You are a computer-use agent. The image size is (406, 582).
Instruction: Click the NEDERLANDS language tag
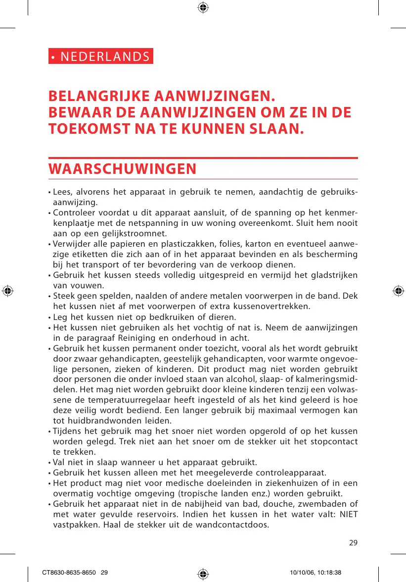click(101, 56)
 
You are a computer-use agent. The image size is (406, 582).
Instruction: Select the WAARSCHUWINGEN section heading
click(122, 169)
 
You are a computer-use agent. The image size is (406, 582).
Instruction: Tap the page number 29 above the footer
click(353, 542)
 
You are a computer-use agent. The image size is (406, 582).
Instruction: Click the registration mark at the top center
click(203, 7)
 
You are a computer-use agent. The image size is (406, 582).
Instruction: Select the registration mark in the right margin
click(398, 291)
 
